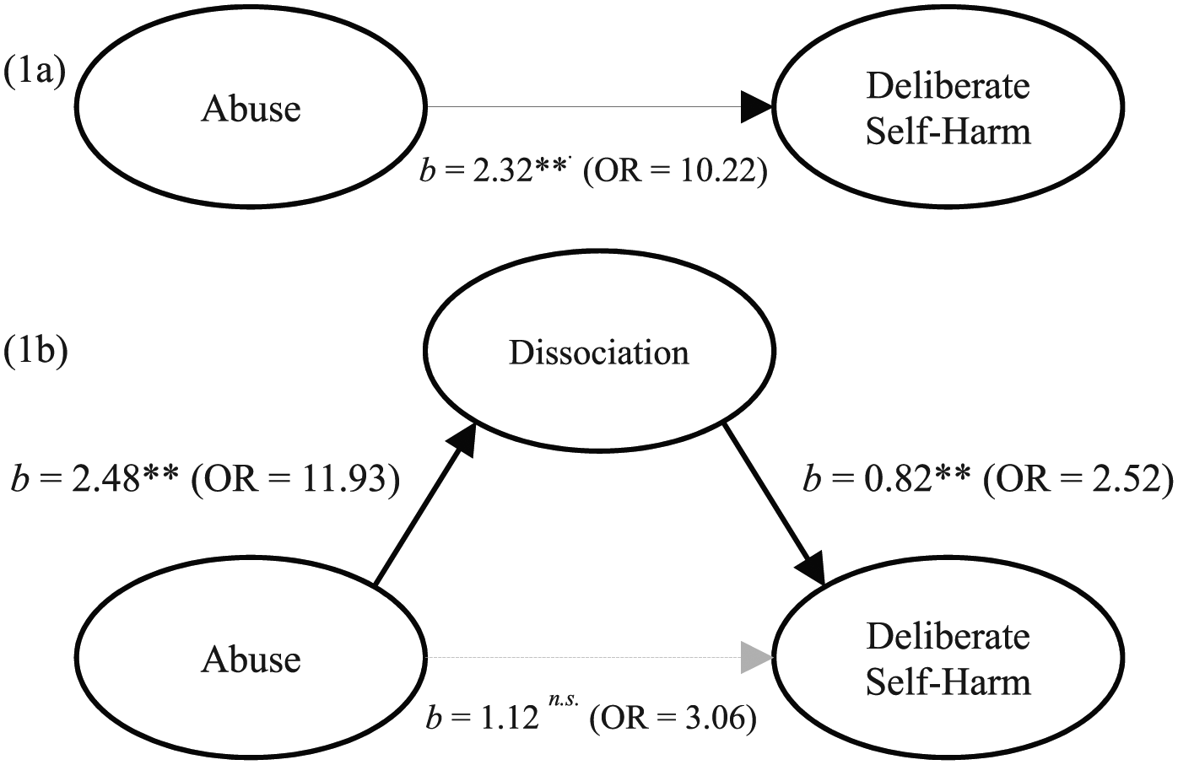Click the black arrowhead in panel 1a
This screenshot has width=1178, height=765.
(757, 107)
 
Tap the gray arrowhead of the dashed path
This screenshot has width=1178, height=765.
(757, 657)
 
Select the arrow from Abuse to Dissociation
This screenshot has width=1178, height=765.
(425, 504)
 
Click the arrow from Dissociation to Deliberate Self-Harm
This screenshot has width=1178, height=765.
(773, 504)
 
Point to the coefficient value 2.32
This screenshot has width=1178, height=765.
(503, 171)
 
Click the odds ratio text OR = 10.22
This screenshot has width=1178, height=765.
(675, 172)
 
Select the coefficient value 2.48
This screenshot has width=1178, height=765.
(103, 481)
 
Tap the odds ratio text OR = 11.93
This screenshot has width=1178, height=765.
(295, 481)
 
